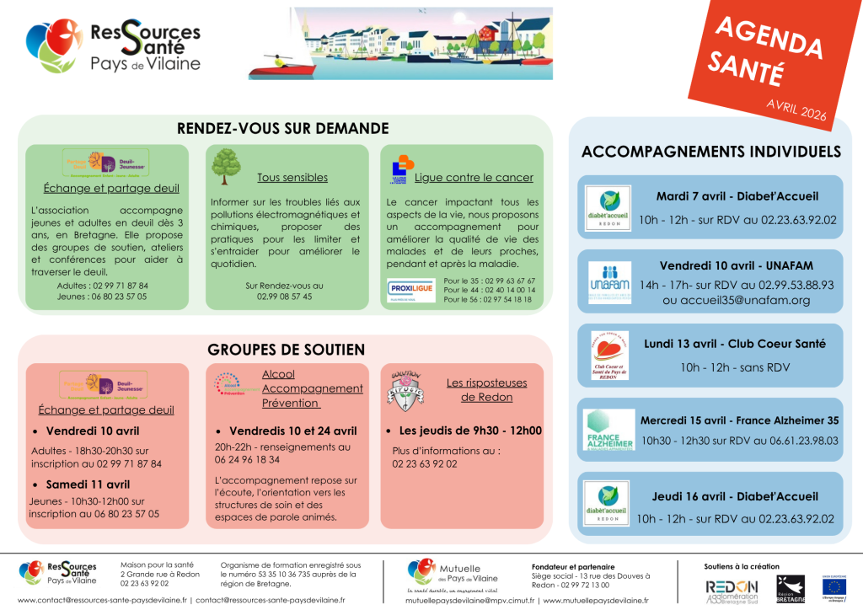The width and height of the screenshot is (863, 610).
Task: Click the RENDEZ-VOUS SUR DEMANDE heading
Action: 282,128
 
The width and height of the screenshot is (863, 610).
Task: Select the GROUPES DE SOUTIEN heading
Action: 286,349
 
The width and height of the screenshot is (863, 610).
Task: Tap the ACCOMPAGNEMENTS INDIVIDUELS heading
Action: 711,152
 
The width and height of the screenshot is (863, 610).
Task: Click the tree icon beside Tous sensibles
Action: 226,166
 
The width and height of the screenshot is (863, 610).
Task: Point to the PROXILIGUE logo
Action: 411,290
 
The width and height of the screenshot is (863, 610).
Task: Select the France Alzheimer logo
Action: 609,430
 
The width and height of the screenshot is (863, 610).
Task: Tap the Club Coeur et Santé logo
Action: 609,356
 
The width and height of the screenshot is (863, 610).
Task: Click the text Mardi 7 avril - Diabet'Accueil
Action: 737,196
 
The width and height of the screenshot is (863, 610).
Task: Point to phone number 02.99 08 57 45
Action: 284,297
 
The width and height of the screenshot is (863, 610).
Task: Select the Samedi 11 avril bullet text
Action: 88,484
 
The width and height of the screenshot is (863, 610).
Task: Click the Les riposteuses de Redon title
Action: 479,390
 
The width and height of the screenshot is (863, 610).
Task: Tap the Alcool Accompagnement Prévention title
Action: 312,388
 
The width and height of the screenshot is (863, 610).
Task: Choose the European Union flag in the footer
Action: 835,586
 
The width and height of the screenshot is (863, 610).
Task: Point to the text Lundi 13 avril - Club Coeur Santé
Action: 735,344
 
